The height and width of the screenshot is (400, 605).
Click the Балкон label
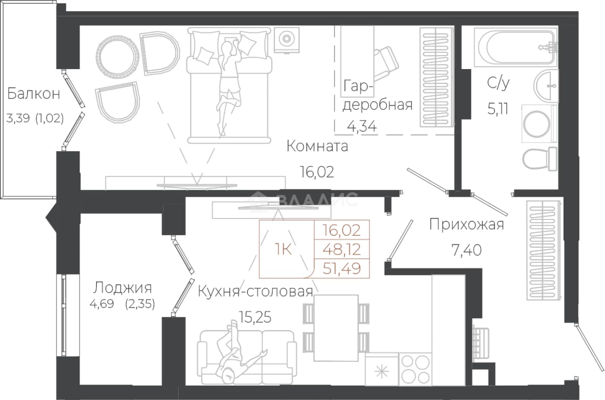(x=33, y=94)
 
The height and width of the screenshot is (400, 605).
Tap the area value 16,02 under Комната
(x=317, y=172)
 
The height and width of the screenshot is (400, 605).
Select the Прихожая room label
(x=467, y=225)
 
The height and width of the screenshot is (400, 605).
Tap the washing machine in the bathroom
(x=539, y=124)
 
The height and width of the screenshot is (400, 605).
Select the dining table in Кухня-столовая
(x=336, y=328)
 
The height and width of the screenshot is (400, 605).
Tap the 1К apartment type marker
(x=283, y=249)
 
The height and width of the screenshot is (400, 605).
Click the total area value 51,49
(x=342, y=269)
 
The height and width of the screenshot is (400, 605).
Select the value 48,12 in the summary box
(x=342, y=249)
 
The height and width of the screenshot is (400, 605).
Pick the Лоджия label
(x=123, y=288)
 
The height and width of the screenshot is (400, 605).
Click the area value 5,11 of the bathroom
(x=498, y=109)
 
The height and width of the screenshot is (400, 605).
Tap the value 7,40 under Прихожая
(x=467, y=250)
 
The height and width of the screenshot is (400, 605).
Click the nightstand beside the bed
(x=287, y=40)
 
